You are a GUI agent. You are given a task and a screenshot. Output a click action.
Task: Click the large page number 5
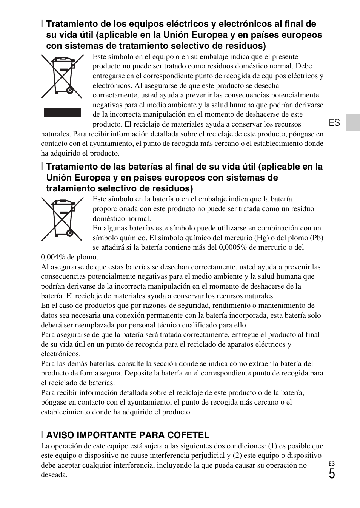tap(331, 474)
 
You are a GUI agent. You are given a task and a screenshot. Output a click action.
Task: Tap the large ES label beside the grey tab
tap(334, 123)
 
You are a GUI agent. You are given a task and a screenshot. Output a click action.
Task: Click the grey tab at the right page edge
tap(353, 122)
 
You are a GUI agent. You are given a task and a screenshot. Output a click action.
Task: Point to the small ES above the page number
tap(331, 464)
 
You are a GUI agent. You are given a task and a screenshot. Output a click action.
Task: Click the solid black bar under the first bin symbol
tap(62, 112)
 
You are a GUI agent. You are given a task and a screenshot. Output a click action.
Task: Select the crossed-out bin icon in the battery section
tap(62, 219)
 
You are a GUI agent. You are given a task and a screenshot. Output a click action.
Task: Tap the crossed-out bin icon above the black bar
tap(62, 76)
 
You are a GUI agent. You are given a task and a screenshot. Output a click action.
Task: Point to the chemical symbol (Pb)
tap(316, 238)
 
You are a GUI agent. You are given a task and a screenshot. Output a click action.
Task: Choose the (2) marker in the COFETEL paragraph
tap(237, 456)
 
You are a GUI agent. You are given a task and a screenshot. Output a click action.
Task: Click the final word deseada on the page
tap(54, 475)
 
